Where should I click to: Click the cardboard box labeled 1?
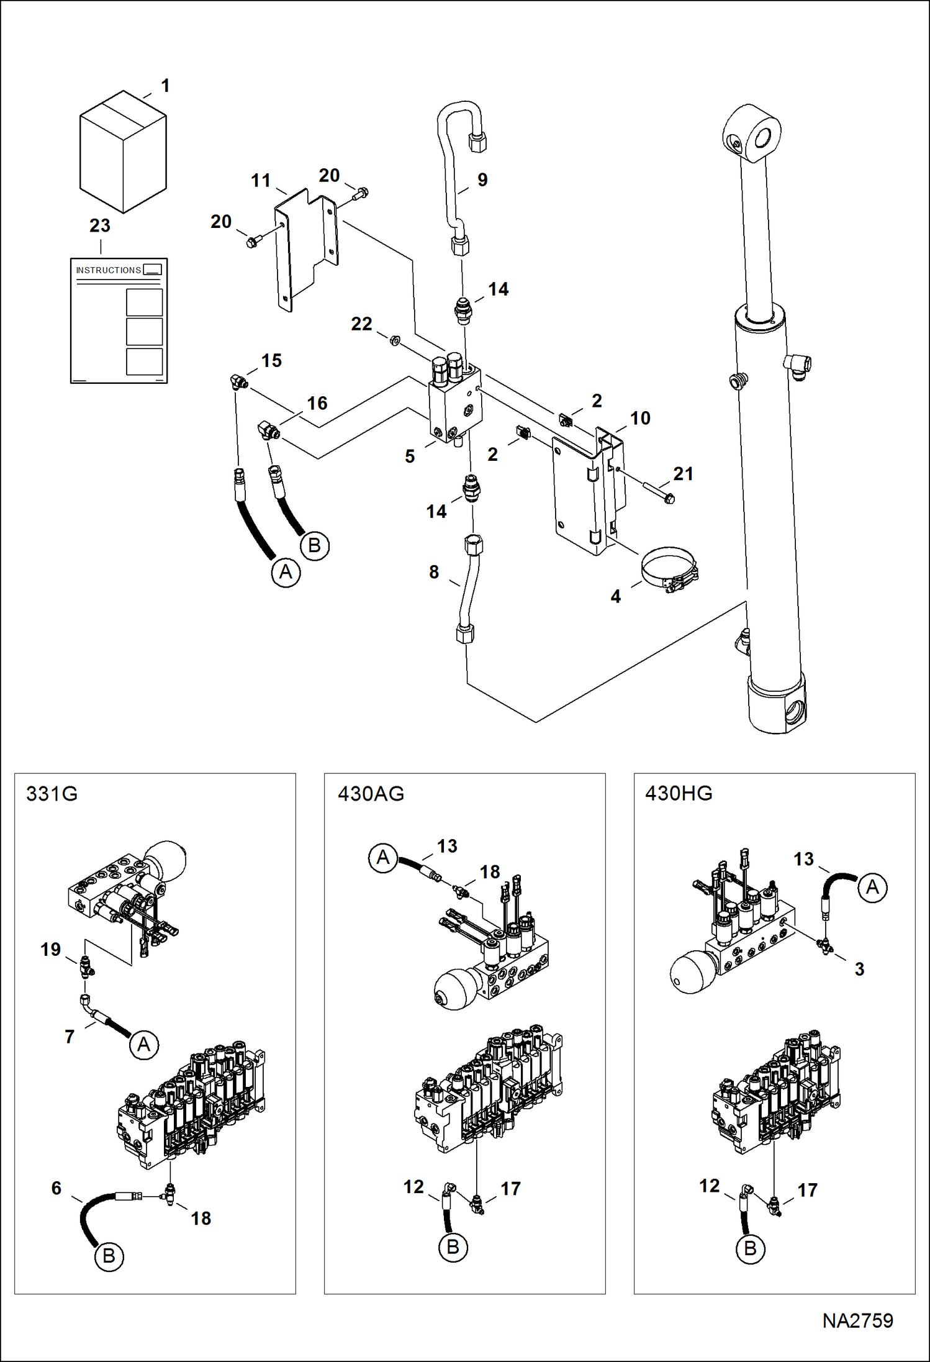123,152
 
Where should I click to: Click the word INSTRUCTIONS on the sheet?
108,270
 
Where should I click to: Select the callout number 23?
100,225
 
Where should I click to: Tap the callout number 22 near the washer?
361,324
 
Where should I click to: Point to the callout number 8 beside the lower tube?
434,572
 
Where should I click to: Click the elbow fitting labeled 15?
238,381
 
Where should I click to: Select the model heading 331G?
52,794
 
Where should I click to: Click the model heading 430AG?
371,794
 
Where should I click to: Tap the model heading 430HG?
679,793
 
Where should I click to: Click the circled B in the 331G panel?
109,1256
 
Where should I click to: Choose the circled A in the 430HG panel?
872,888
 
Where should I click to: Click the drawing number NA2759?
857,1320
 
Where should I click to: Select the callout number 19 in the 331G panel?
50,949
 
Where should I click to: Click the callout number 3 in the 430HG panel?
859,969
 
